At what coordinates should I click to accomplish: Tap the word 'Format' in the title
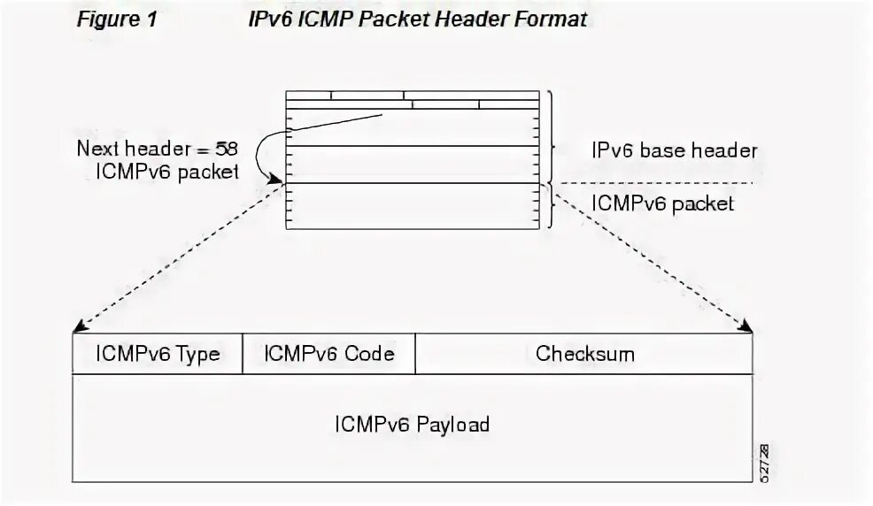click(x=552, y=19)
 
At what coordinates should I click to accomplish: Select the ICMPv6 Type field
click(x=158, y=355)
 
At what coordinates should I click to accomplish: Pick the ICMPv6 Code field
click(x=328, y=355)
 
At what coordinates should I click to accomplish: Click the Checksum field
click(x=584, y=355)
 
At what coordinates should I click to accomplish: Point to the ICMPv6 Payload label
click(x=412, y=424)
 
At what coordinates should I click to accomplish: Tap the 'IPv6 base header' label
click(x=674, y=150)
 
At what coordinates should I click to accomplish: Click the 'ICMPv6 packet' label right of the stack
click(x=662, y=203)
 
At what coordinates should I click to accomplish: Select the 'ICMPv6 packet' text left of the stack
click(x=166, y=172)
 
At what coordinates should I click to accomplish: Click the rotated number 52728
click(x=764, y=462)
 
